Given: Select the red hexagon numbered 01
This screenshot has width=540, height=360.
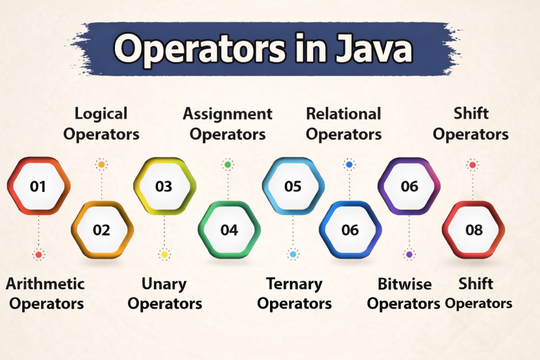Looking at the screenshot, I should pos(38,187).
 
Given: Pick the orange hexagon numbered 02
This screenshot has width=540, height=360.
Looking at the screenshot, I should pos(102,230).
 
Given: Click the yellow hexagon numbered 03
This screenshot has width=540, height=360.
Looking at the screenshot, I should pos(164,187).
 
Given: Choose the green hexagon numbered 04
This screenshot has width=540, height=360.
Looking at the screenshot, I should pos(229,230).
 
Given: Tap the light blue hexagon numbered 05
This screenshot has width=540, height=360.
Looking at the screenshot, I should pos(293,187).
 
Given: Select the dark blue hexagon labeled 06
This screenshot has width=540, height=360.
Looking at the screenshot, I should pos(350,230).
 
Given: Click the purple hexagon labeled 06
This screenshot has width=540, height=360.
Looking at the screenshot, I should pos(409,187).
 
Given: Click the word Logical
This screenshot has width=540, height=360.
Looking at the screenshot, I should pos(101,113).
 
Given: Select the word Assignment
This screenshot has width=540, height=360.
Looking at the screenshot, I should pos(228,113).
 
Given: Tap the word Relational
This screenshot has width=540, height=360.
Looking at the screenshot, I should pos(344,113).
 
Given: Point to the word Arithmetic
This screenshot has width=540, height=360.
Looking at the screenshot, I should pos(45,284).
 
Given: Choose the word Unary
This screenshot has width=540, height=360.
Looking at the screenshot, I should pos(164,284).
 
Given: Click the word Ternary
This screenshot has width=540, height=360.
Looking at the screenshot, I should pos(294,284).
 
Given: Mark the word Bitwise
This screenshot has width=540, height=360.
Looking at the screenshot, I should pos(405,284).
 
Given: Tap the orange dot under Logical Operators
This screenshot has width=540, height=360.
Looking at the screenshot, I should pos(102,165).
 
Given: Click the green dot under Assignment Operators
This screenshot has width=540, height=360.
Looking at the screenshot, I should pos(228,165).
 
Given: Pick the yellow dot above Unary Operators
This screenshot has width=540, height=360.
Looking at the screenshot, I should pos(165,255).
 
